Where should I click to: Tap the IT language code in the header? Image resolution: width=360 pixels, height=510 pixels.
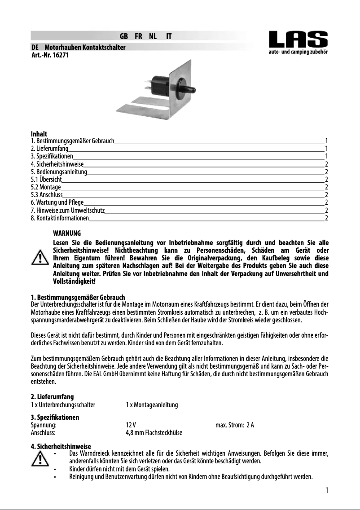[168, 36]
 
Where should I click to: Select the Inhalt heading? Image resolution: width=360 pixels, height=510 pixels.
[39, 134]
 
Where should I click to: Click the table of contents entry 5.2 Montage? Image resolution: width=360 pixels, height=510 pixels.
[45, 187]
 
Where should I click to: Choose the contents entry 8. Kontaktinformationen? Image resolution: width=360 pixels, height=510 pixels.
[59, 218]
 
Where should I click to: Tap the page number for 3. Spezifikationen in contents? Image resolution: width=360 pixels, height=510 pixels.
[326, 156]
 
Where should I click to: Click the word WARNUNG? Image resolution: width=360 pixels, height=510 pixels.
[67, 233]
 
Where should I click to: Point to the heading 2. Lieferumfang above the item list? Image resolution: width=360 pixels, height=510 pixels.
[52, 397]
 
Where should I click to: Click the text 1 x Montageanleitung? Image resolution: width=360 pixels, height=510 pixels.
[152, 405]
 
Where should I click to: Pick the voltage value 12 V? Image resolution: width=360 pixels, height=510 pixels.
[131, 425]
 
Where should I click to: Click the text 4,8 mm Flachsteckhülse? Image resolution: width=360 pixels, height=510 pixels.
[154, 433]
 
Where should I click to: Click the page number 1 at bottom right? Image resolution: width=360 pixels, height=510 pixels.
[327, 490]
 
